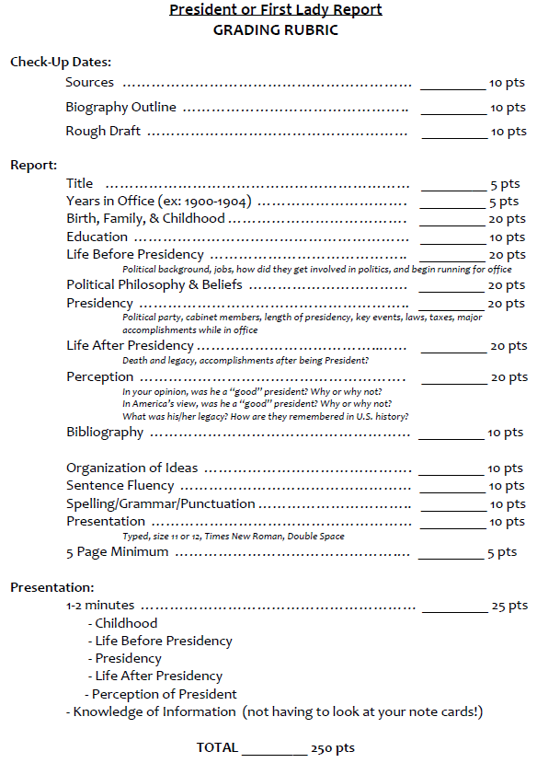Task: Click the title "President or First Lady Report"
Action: [276, 10]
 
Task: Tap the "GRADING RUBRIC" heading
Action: [276, 29]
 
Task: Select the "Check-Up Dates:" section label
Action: [61, 62]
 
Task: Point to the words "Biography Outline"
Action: [120, 108]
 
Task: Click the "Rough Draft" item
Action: [103, 132]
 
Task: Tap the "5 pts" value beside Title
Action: [505, 184]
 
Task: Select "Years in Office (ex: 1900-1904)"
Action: [159, 202]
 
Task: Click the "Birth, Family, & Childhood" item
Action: [145, 219]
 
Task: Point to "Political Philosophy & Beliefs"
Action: [154, 285]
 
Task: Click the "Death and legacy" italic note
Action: [246, 360]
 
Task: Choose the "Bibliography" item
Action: [105, 433]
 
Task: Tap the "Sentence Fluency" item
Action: [120, 486]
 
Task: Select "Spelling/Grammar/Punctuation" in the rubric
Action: [161, 504]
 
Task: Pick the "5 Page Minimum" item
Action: [117, 552]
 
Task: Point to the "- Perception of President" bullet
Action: [161, 694]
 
